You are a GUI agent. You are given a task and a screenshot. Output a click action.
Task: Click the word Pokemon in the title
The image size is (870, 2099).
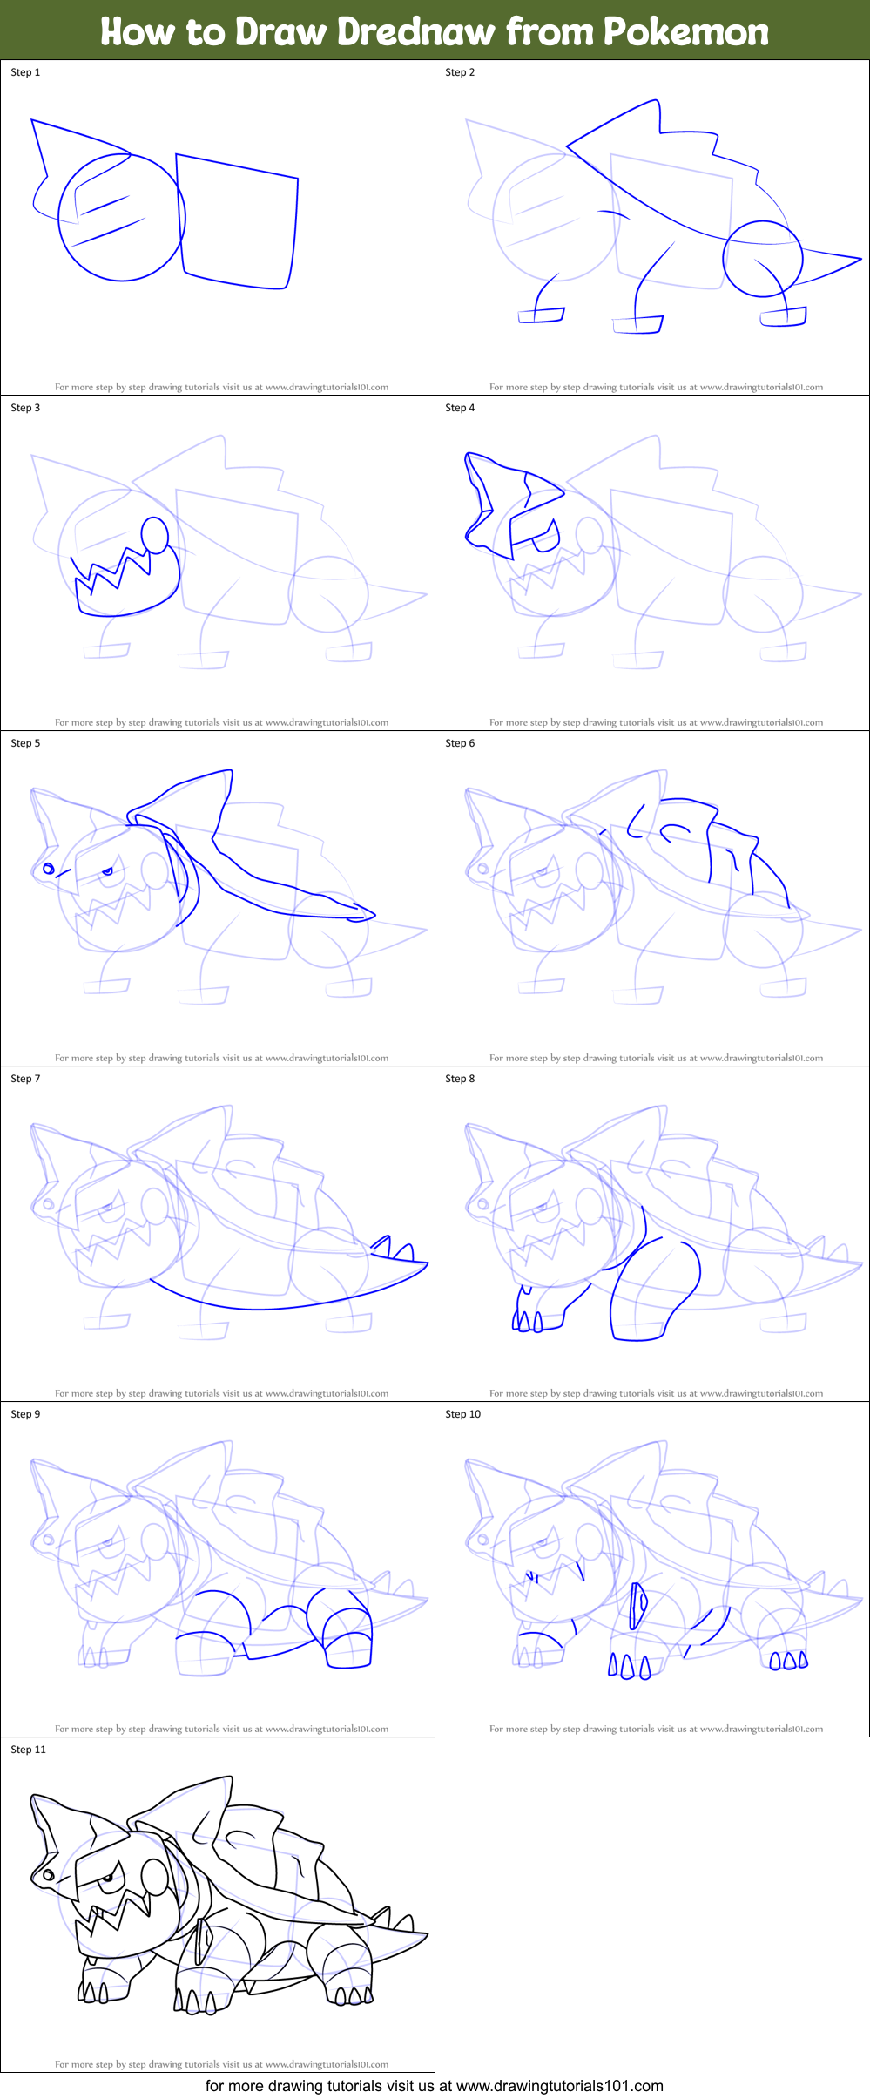685,31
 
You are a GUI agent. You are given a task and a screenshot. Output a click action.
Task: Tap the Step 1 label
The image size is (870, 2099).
25,72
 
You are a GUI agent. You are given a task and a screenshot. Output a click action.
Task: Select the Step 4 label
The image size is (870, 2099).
460,408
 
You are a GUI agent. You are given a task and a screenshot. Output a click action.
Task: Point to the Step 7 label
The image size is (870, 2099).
25,1079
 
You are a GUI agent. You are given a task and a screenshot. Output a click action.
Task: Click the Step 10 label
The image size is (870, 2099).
462,1414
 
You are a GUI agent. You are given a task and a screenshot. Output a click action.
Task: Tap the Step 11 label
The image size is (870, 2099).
28,1750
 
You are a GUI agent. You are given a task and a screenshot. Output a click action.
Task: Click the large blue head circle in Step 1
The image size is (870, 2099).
121,218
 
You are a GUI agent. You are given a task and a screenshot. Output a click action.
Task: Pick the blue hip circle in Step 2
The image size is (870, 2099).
762,259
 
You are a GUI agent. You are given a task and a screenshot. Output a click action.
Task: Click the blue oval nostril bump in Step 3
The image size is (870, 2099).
154,535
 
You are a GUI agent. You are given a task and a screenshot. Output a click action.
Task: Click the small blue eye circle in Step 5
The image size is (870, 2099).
49,869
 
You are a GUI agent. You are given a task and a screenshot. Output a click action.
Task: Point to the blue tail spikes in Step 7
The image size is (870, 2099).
392,1248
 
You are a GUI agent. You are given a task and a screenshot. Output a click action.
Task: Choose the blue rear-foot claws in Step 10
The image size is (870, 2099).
788,1660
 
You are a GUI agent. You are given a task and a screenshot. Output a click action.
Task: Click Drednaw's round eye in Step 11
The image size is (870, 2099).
49,1875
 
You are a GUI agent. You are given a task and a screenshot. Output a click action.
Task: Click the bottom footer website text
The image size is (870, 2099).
434,2086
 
